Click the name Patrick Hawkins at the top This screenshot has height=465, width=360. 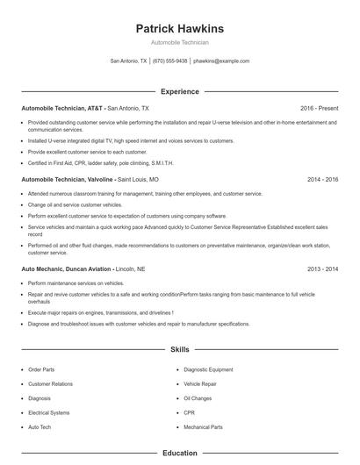pos(179,28)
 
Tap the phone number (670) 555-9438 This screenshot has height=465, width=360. pos(169,61)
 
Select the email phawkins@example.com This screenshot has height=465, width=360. pos(221,61)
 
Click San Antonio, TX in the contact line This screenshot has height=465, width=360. pos(128,61)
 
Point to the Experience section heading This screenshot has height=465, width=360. pos(179,91)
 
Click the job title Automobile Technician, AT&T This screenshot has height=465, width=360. pos(61,108)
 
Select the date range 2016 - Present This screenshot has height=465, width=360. pos(319,108)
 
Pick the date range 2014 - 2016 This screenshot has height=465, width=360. pos(322,179)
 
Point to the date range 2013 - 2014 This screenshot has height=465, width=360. pos(322,269)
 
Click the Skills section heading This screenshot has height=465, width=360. pos(179,349)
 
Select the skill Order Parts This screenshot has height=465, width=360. pos(41,370)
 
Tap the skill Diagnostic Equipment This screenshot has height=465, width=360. pos(208,370)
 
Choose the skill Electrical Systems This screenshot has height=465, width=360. pos(48,412)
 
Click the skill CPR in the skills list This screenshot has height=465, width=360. pos(189,412)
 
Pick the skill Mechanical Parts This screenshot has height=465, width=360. pos(203,426)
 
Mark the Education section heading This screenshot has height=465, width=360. pos(179,453)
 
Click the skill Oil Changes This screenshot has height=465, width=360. pos(198,398)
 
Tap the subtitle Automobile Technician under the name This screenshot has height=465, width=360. pos(179,42)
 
